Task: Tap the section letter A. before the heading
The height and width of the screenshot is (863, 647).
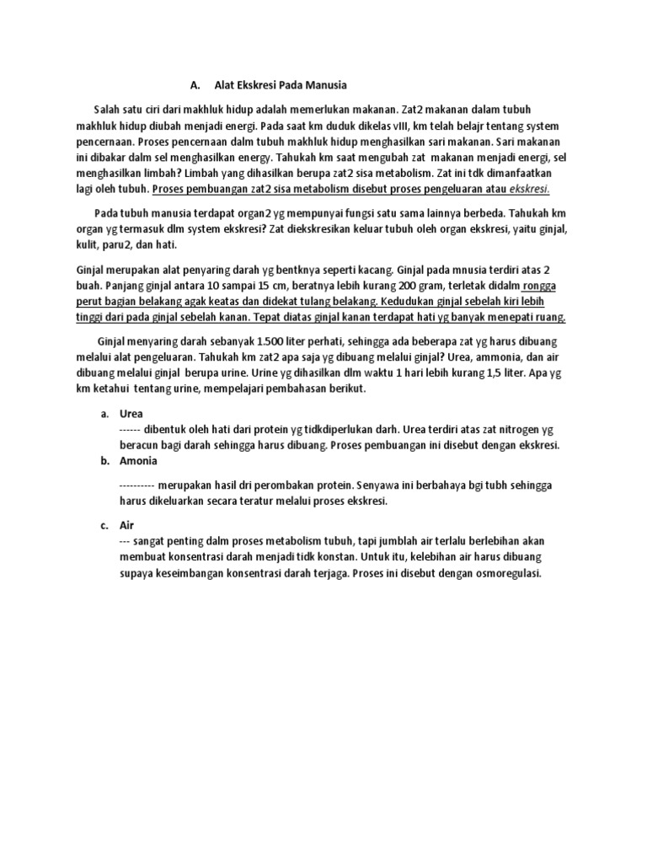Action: tap(195, 85)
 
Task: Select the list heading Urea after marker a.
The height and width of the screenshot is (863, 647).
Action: tap(131, 414)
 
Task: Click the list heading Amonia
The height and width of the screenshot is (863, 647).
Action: tap(138, 461)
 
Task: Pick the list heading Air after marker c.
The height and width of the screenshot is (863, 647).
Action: tap(127, 524)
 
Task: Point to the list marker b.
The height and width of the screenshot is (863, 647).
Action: tap(104, 461)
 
